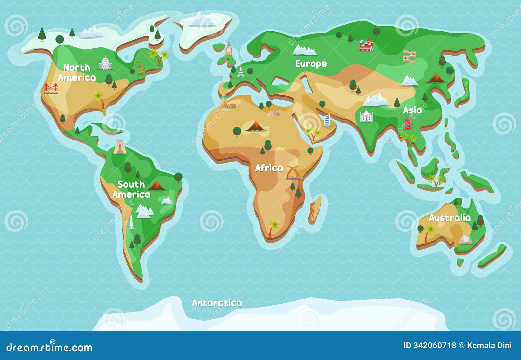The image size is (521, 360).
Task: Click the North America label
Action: pos(77,72)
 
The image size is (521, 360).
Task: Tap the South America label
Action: pos(131,189)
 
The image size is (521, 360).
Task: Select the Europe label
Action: pos(311,64)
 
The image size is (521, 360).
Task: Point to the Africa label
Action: pos(269,168)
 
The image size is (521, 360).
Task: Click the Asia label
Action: pos(412,110)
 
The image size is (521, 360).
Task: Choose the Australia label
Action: pos(450,218)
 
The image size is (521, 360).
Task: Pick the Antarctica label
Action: pos(217,303)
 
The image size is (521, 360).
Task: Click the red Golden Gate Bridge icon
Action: pos(51,88)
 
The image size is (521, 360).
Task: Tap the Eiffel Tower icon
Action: pos(240,72)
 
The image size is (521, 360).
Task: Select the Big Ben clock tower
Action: pos(229,49)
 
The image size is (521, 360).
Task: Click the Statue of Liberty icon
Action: pos(140,67)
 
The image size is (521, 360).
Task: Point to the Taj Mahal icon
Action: pos(366,116)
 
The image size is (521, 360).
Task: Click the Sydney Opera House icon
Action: pos(465,240)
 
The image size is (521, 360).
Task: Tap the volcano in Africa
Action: pos(256,126)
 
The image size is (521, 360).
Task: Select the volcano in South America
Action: pos(157,186)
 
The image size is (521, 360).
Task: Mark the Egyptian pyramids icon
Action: pos(274,113)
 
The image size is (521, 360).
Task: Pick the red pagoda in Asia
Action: pos(407,124)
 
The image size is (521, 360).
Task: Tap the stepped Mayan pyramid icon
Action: pos(120,147)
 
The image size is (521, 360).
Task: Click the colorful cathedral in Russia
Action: pos(366,45)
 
